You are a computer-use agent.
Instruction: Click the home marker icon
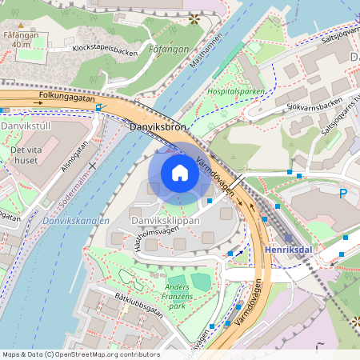180,173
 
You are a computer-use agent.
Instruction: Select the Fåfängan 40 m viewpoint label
18,40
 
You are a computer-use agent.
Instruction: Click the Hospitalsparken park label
236,92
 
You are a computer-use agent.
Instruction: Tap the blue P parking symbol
343,194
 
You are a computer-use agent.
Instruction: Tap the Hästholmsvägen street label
147,239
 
